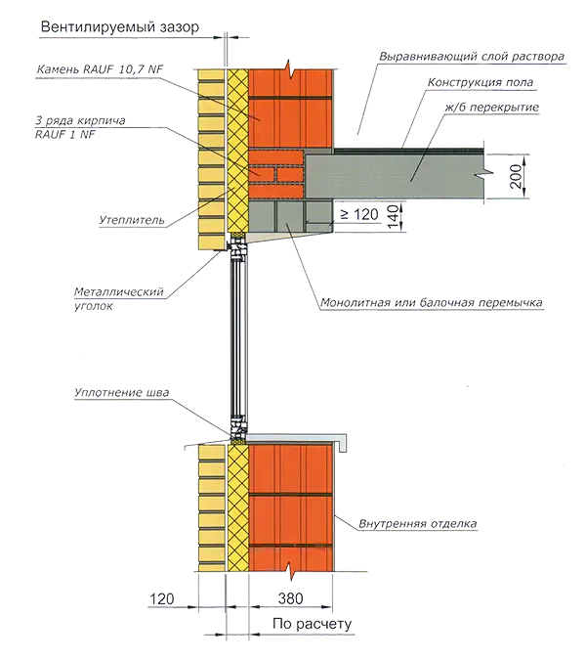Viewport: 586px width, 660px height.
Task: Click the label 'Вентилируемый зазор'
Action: point(120,27)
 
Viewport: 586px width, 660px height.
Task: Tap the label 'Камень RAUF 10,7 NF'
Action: point(100,68)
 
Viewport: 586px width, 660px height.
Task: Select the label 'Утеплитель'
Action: point(132,220)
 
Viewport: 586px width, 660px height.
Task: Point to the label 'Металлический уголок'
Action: point(118,298)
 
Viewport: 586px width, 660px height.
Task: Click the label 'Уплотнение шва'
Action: point(121,392)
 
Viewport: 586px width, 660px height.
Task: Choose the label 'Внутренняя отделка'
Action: point(417,524)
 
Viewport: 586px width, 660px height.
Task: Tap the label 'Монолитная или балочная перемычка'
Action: point(432,302)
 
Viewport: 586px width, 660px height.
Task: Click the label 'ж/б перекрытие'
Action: point(492,108)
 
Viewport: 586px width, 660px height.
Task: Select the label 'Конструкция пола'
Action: point(481,82)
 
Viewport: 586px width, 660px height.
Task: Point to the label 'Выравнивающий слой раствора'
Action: point(472,57)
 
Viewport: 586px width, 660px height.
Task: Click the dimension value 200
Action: point(517,176)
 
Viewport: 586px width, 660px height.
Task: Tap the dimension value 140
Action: point(393,217)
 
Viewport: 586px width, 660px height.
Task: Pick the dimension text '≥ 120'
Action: point(359,214)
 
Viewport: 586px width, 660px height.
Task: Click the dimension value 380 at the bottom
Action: point(290,598)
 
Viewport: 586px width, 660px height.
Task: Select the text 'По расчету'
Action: point(312,624)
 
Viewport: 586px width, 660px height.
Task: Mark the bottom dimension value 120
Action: point(162,598)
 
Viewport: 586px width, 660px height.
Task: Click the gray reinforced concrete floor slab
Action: point(395,176)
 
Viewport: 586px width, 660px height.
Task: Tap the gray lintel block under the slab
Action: point(291,215)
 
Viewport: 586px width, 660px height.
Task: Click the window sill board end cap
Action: point(342,442)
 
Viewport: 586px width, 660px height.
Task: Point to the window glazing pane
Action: point(238,336)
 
